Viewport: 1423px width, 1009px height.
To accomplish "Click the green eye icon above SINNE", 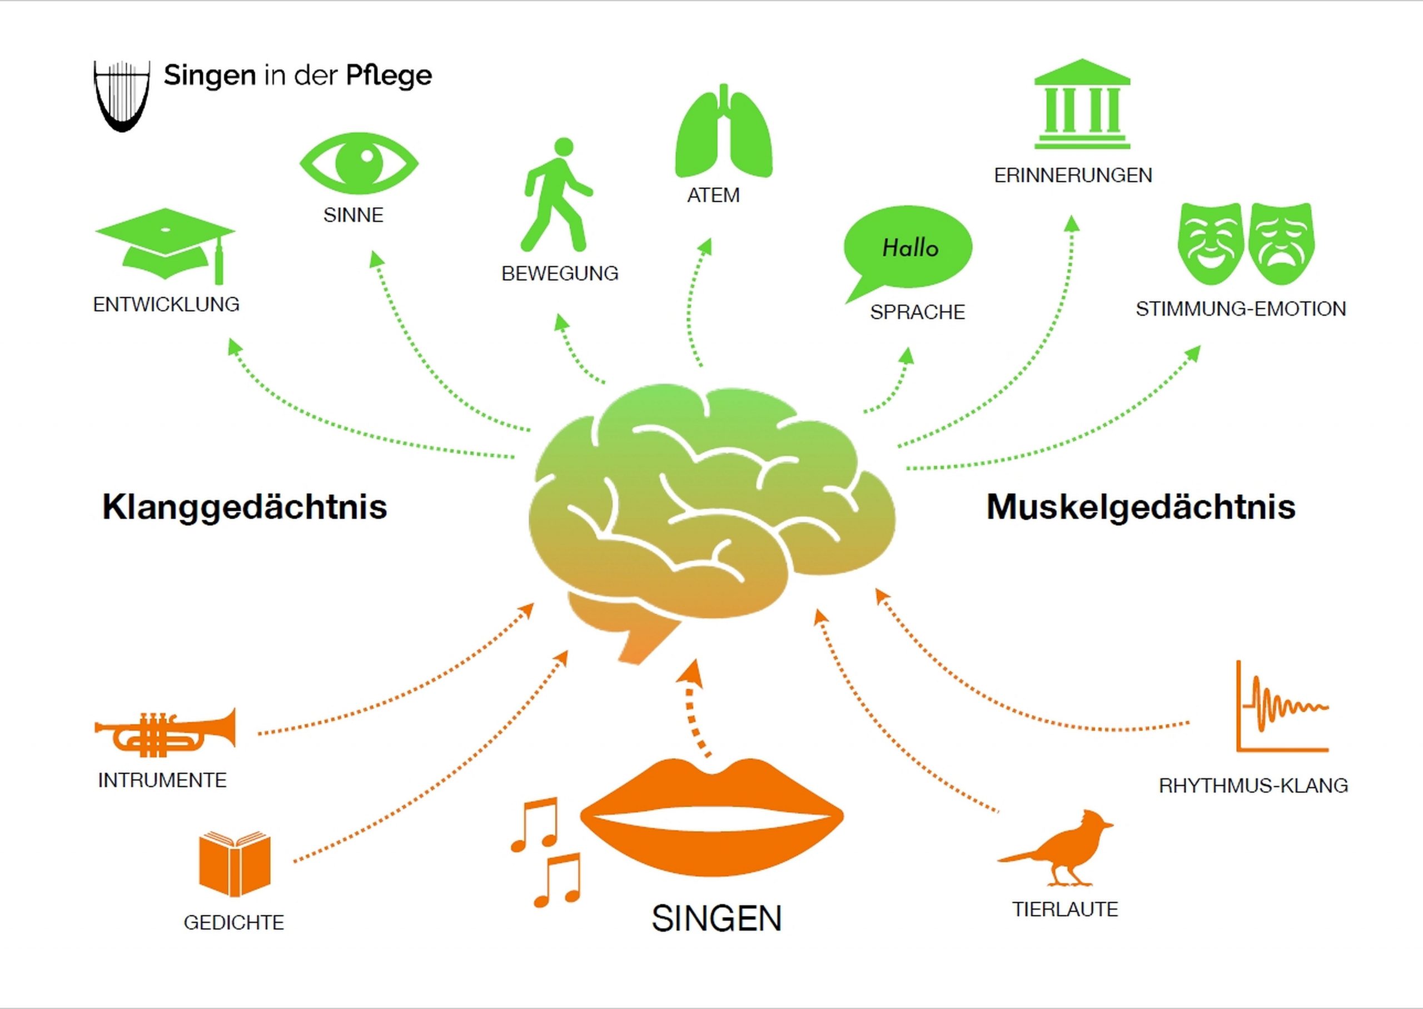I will pyautogui.click(x=359, y=162).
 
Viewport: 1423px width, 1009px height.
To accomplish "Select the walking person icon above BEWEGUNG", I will pyautogui.click(x=558, y=195).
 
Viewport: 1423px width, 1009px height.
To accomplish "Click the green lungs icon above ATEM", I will pyautogui.click(x=724, y=133).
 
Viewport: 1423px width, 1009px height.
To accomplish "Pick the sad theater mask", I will pyautogui.click(x=1281, y=242).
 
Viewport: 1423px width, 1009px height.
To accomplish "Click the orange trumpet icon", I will pyautogui.click(x=165, y=733).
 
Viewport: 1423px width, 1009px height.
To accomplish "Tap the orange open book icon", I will pyautogui.click(x=235, y=863).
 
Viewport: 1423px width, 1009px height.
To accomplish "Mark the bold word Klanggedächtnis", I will pyautogui.click(x=244, y=506).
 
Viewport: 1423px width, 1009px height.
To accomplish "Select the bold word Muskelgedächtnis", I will pyautogui.click(x=1141, y=506).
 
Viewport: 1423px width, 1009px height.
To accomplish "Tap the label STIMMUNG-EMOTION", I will pyautogui.click(x=1240, y=309).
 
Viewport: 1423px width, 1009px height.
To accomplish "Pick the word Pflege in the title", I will pyautogui.click(x=388, y=76).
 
